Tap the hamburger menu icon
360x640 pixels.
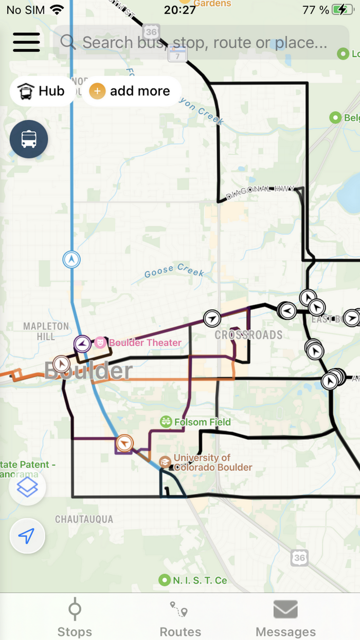[x=26, y=42]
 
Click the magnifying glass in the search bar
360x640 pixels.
[x=68, y=42]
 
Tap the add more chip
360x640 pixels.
[x=130, y=92]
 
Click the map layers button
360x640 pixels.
[x=27, y=487]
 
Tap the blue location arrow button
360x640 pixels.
[x=27, y=536]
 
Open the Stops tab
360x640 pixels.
[x=75, y=617]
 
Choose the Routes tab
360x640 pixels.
[x=180, y=617]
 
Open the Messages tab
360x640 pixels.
[x=285, y=617]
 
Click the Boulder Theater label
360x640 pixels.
[x=145, y=343]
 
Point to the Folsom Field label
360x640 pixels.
[x=202, y=422]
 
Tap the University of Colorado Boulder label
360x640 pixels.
[x=212, y=463]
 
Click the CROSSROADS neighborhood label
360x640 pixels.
[x=248, y=335]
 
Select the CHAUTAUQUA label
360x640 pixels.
[x=84, y=519]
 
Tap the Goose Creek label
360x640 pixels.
[x=174, y=271]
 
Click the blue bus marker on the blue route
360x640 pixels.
[x=71, y=259]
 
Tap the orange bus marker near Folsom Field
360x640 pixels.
[x=124, y=442]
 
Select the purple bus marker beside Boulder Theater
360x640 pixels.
[x=82, y=343]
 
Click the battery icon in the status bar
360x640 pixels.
[x=342, y=10]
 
